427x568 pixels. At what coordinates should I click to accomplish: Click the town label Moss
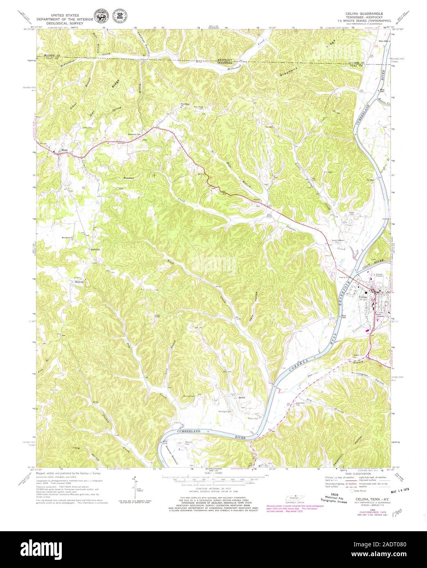click(x=64, y=150)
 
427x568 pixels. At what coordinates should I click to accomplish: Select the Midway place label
click(x=79, y=282)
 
